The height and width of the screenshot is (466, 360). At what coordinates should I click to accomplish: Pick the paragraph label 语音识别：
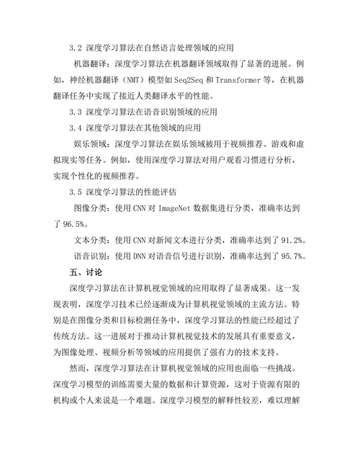point(94,256)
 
